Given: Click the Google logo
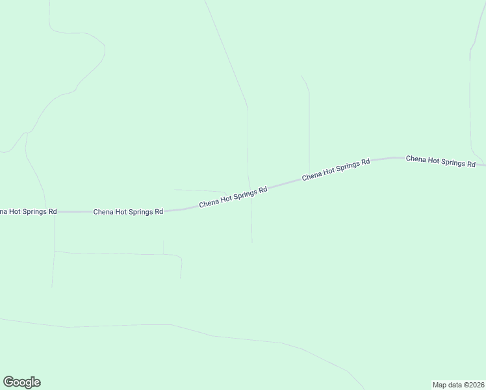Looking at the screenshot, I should coord(21,382).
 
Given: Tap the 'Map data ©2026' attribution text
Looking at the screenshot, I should coord(459,384).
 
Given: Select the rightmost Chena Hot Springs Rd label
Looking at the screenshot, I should coord(441,161).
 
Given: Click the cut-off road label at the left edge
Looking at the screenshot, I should coord(28,212).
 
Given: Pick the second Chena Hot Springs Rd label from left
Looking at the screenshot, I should coord(128,212).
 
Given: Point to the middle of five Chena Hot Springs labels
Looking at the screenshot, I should coord(233,197).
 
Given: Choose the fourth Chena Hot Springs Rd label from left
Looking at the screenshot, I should coord(336,168).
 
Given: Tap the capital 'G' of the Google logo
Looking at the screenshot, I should coord(9,382).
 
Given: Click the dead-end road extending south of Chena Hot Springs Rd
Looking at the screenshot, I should coord(251,221).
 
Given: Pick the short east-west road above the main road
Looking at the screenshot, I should coord(198,191).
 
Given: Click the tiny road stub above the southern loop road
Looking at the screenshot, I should coord(163,247).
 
